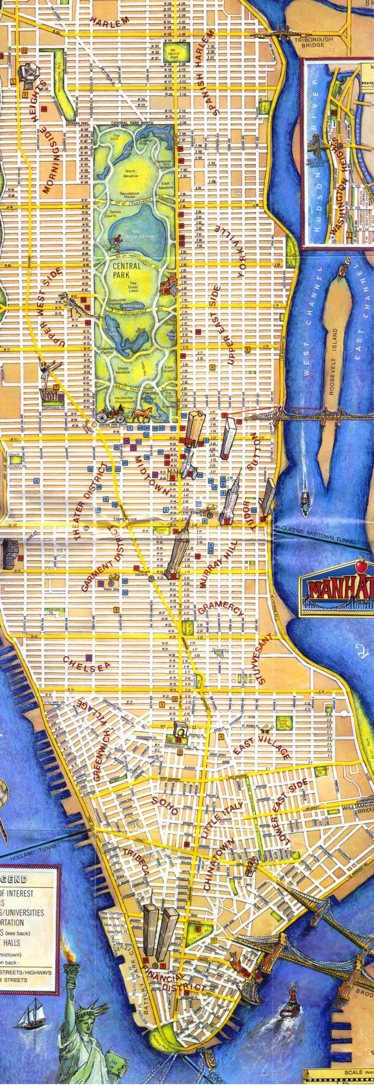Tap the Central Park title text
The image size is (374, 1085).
tap(126, 270)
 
